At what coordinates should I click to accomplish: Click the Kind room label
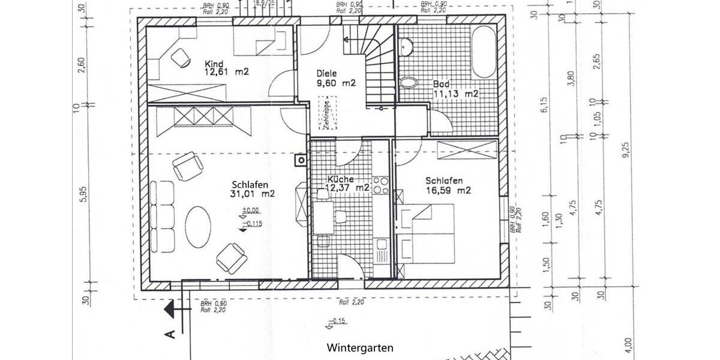tap(214, 64)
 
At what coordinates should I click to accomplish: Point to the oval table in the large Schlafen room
tap(198, 226)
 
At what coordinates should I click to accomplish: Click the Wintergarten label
tap(360, 347)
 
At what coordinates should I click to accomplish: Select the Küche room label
tap(341, 179)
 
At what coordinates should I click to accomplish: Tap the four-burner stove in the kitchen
tap(380, 185)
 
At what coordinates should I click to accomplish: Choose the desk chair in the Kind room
tap(179, 58)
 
